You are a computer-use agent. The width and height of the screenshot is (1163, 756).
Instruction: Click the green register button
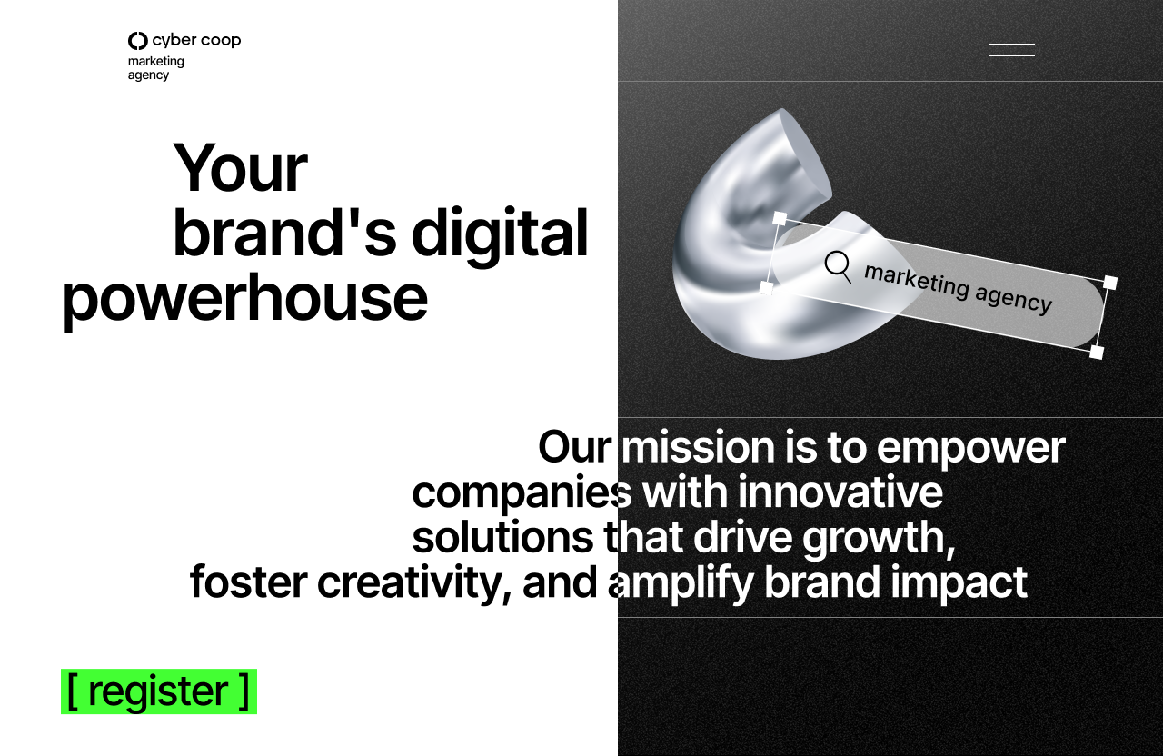click(159, 691)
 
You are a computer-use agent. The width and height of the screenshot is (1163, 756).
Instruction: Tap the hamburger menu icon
click(1012, 50)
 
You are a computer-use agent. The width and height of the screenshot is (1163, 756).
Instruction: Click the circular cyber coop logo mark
click(137, 41)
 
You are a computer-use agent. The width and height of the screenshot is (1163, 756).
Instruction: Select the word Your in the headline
click(240, 168)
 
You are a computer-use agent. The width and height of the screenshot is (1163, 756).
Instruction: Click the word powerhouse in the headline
click(244, 301)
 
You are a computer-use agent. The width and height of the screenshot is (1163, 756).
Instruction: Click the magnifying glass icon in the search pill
click(838, 267)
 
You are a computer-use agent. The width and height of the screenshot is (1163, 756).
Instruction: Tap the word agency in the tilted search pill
click(1013, 301)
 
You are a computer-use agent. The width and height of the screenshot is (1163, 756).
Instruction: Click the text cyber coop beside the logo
click(197, 41)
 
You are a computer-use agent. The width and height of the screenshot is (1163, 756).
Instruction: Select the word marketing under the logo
click(155, 62)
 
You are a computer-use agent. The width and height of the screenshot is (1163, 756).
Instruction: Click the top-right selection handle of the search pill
click(1110, 283)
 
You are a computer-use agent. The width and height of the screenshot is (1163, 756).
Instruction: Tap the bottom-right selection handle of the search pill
click(1097, 352)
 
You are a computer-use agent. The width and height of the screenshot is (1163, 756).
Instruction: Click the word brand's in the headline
click(285, 234)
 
